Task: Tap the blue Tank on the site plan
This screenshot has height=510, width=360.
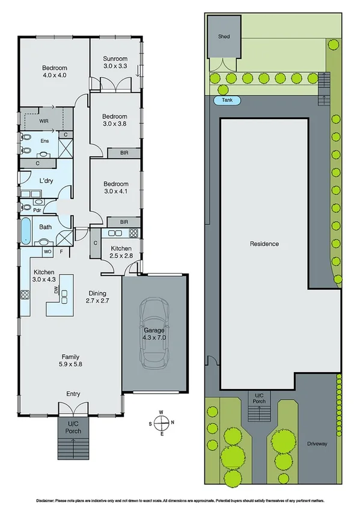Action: pyautogui.click(x=227, y=100)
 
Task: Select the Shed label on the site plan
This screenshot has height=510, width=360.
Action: pyautogui.click(x=224, y=37)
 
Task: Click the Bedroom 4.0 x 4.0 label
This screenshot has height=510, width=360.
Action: pyautogui.click(x=54, y=72)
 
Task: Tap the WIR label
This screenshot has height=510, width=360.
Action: pyautogui.click(x=28, y=120)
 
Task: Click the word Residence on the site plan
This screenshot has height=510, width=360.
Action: pyautogui.click(x=264, y=244)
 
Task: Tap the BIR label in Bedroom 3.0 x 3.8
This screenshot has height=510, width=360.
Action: pyautogui.click(x=124, y=153)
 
